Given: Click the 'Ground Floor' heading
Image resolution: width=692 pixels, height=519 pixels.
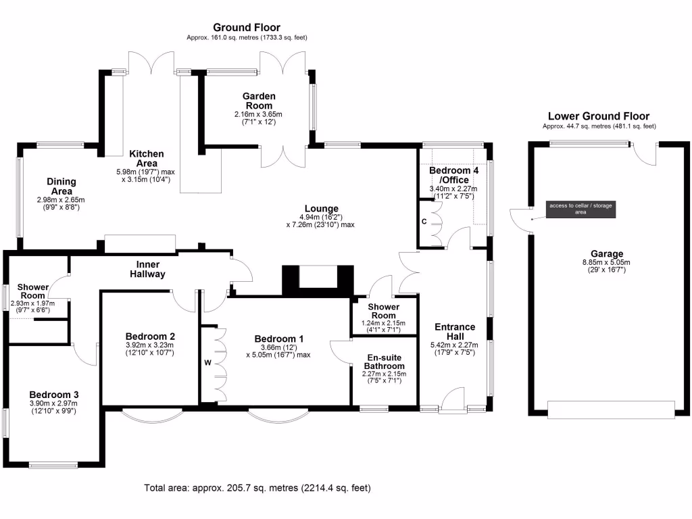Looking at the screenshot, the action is pos(247,27).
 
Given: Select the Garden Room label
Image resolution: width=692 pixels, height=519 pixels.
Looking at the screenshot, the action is pos(259,101).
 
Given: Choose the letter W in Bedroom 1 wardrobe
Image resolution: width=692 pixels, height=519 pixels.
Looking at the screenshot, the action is pos(208,362).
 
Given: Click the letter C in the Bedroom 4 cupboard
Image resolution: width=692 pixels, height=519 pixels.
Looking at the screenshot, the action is pos(424,221).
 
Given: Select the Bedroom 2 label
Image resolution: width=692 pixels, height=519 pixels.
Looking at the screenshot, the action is pos(150,336).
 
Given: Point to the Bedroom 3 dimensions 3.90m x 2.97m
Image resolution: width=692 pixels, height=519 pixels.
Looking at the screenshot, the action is pos(53,403).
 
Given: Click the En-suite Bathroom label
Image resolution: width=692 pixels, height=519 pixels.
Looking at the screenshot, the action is pos(384,362).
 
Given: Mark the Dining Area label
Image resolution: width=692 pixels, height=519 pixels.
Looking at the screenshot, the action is pos(61,187).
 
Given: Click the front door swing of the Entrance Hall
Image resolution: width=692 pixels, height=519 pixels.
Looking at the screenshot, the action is pos(453,398).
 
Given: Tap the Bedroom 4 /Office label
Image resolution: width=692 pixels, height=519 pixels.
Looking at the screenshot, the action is pos(454,176).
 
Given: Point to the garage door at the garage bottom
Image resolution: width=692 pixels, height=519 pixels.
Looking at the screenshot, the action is pos(611,410).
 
